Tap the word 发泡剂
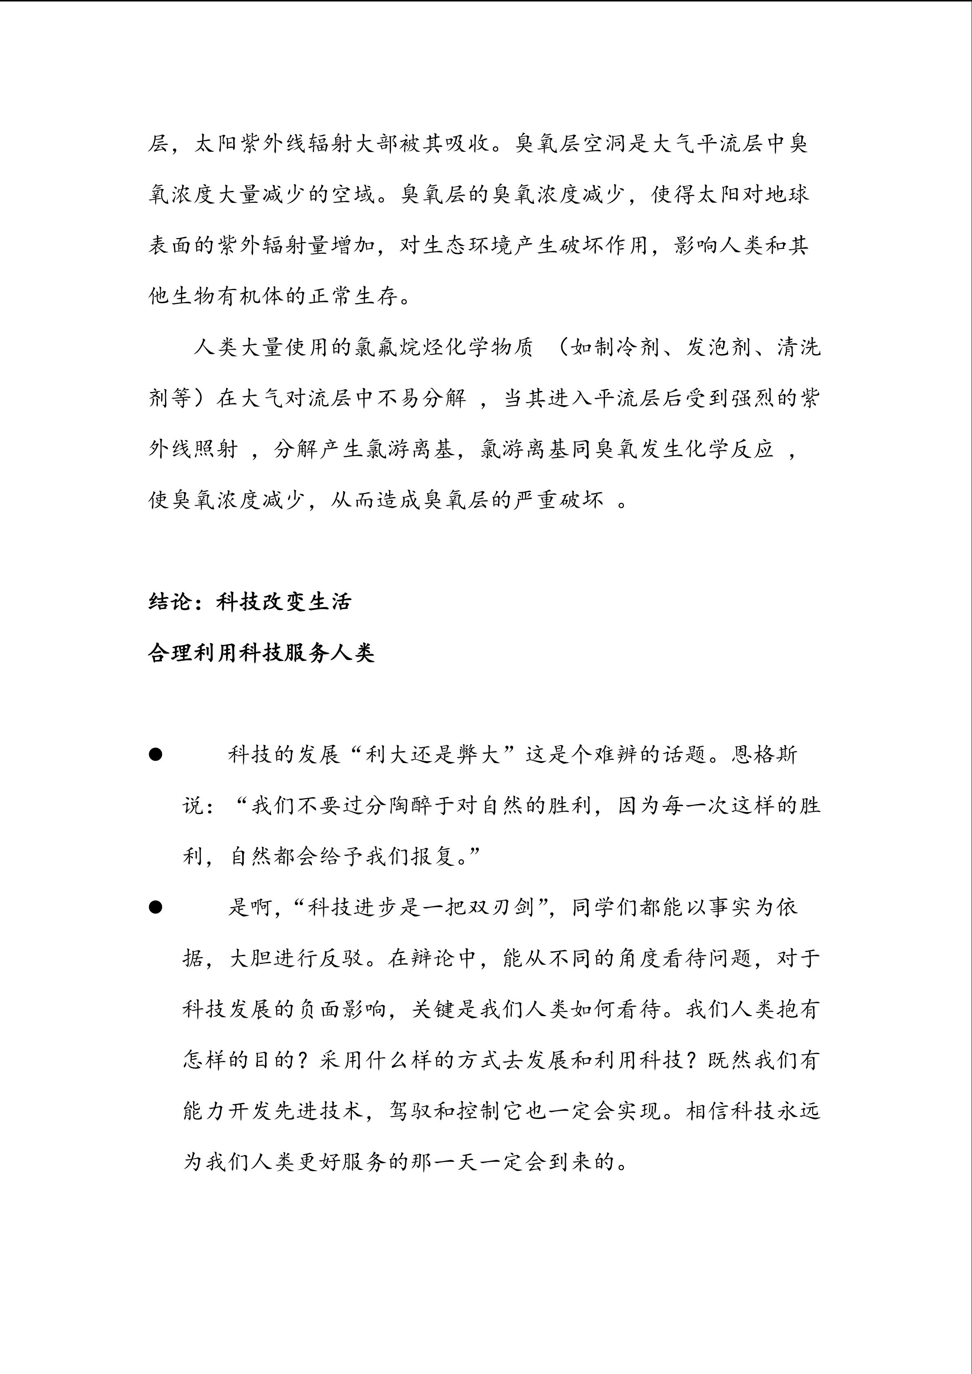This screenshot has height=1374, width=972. (x=718, y=348)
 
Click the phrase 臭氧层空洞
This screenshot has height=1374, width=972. (x=570, y=144)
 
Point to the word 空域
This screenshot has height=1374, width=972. (x=353, y=195)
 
